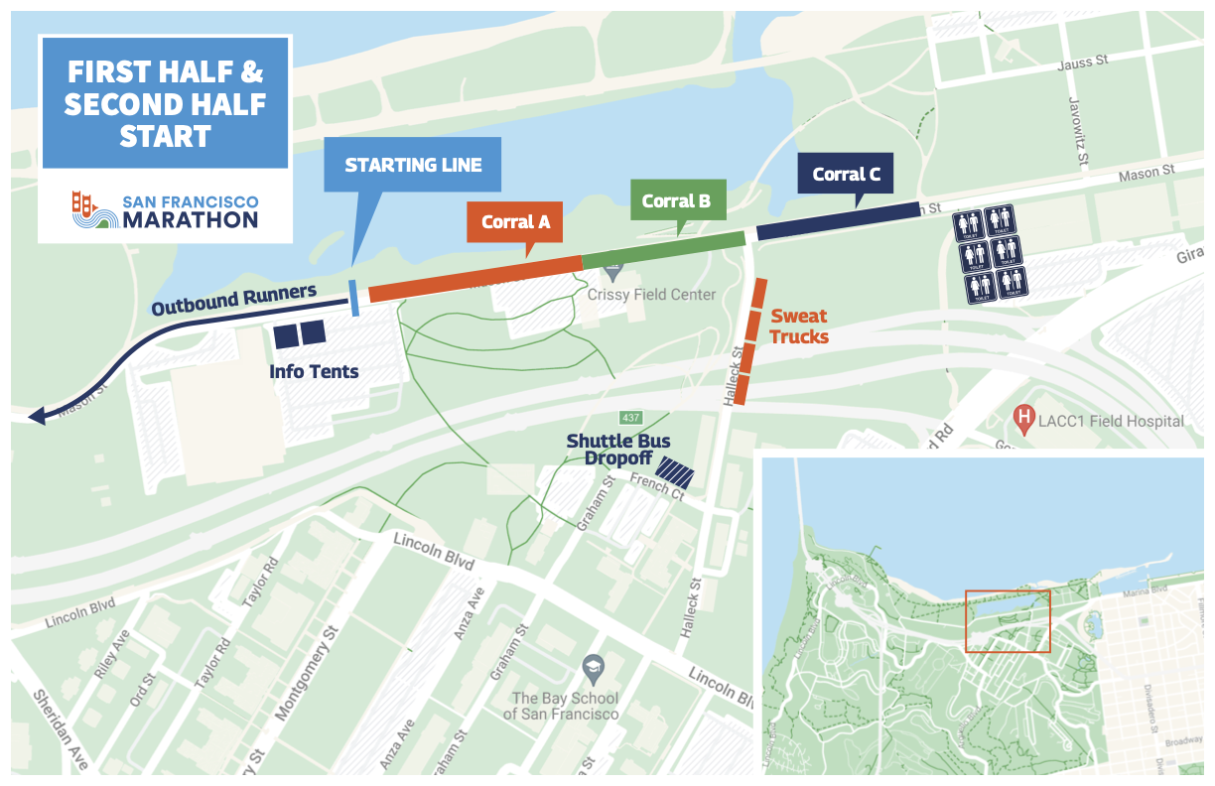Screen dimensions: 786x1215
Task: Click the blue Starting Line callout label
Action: pos(413,165)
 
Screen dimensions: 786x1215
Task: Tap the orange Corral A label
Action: pos(515,221)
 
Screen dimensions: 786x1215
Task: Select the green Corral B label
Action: pos(676,200)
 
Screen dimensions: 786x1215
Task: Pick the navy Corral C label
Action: pos(846,175)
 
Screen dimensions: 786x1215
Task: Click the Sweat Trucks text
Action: pos(799,327)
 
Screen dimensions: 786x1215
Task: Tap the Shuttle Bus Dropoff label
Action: pos(617,450)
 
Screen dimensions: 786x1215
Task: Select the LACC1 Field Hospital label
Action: pos(1112,421)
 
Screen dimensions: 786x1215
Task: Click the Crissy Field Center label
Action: pos(651,295)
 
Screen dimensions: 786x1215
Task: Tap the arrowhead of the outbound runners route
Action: pos(37,417)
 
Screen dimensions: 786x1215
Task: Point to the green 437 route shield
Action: pos(631,416)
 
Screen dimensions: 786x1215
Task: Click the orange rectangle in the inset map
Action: pos(1007,621)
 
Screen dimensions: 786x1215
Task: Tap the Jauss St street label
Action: pos(1083,62)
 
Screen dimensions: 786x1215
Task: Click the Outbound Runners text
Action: pos(233,300)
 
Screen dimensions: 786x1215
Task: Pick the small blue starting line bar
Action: pos(354,297)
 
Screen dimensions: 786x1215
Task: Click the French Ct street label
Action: pos(657,486)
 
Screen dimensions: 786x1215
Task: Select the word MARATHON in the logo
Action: pos(190,219)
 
